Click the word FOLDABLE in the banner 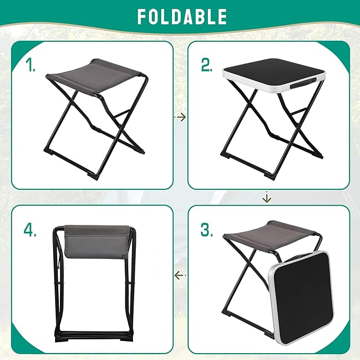(x=181, y=16)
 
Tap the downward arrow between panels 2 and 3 (x=267, y=198)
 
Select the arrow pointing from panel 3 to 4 (x=180, y=275)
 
